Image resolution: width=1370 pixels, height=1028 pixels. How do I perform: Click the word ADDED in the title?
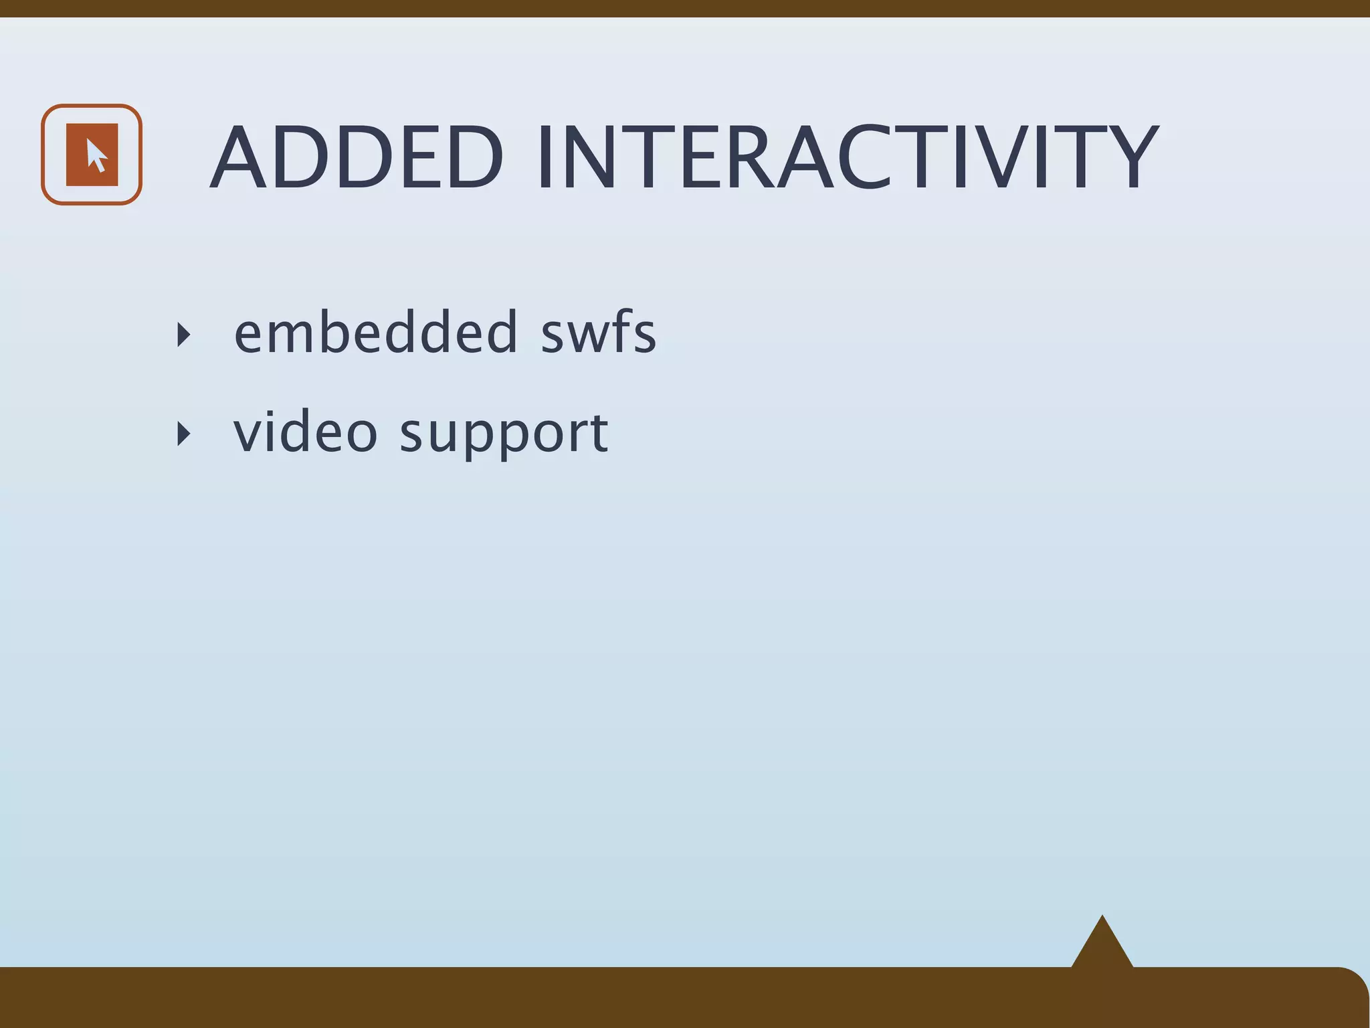[357, 158]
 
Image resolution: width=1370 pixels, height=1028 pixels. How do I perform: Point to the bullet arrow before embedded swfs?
[183, 334]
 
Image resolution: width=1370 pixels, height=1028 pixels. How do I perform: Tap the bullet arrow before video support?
[183, 434]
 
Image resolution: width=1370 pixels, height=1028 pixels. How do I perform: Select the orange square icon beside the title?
[92, 155]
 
